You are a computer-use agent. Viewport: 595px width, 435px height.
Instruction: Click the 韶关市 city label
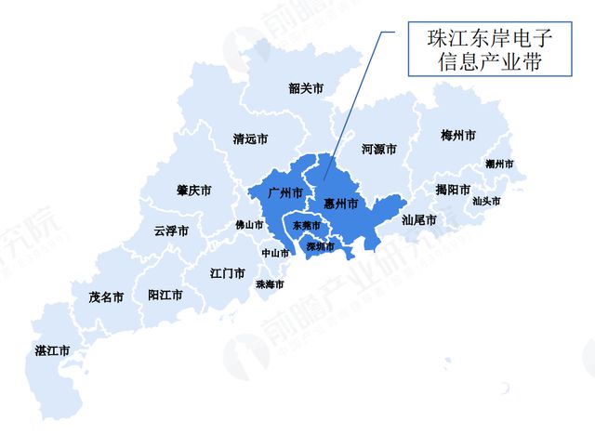tap(306, 89)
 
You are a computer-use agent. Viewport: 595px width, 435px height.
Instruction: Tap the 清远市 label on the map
tap(250, 139)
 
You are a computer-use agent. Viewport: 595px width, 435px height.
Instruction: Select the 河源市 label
tap(378, 149)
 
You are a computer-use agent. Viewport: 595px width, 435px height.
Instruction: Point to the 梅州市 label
tap(458, 136)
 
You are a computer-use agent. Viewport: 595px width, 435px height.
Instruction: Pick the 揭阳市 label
tap(453, 190)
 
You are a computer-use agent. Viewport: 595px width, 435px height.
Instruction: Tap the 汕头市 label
tap(486, 201)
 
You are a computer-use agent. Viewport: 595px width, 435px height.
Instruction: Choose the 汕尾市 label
tap(419, 220)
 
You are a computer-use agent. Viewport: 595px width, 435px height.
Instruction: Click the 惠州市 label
tap(340, 204)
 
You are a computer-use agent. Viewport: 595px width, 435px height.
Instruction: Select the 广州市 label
tap(284, 193)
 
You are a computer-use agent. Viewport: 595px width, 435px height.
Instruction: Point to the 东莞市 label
tap(306, 226)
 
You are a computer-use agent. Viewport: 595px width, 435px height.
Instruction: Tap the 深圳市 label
tap(321, 246)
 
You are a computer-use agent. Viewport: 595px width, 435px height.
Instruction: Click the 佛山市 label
tap(249, 225)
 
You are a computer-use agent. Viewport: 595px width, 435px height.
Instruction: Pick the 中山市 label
tap(274, 253)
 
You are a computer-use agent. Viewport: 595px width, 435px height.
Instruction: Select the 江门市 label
tap(228, 273)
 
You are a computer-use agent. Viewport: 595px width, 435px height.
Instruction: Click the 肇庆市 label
tap(193, 191)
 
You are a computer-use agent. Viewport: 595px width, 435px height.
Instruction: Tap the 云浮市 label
tap(171, 231)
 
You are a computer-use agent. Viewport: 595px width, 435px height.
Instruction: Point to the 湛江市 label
tap(52, 350)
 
